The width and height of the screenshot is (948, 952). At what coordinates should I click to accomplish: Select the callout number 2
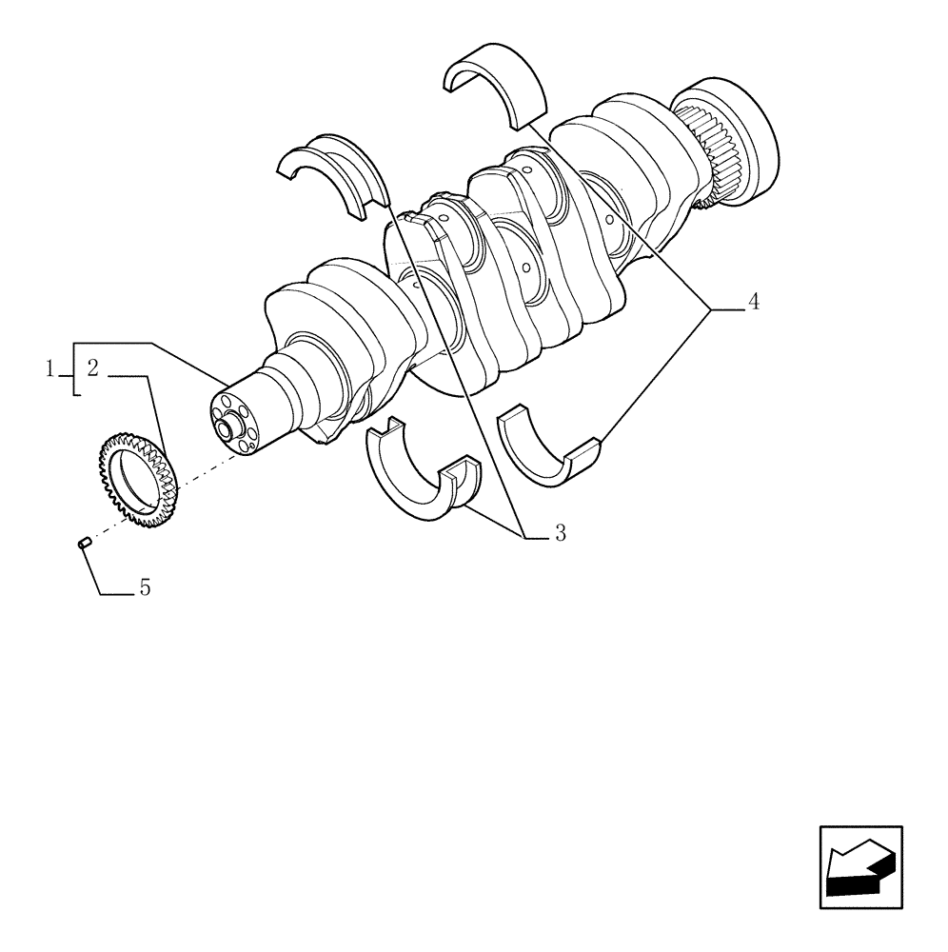92,368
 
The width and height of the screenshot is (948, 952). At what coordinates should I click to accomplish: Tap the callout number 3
560,533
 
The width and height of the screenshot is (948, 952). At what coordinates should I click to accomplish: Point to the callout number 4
753,303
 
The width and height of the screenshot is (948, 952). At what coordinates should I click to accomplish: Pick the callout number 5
145,588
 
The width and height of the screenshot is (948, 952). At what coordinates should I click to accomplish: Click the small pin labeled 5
83,543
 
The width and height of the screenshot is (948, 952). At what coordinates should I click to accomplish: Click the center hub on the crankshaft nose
228,427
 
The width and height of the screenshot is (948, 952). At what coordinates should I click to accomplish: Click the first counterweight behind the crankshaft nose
324,305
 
